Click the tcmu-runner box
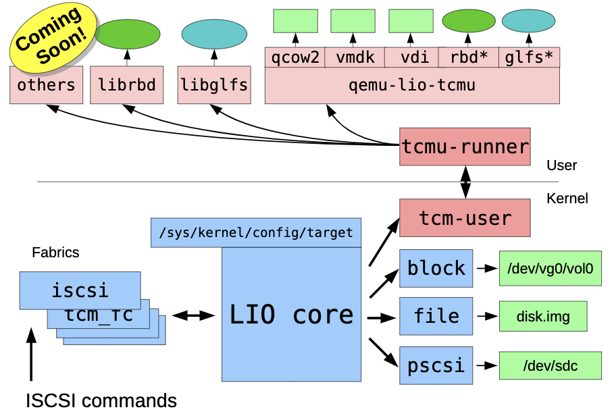tap(465, 146)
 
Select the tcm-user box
tap(465, 217)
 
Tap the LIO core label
tap(291, 315)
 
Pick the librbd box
tap(127, 85)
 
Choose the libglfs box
tap(213, 85)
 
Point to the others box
tap(47, 85)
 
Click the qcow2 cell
tap(295, 57)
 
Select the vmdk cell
tap(355, 57)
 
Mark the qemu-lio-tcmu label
tap(412, 86)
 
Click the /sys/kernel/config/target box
tap(256, 232)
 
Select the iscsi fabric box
tap(80, 290)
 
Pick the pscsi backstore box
tap(436, 365)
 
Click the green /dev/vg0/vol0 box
tap(549, 267)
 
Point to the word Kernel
tap(567, 199)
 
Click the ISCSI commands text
tap(101, 400)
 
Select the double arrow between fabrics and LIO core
tap(193, 315)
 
